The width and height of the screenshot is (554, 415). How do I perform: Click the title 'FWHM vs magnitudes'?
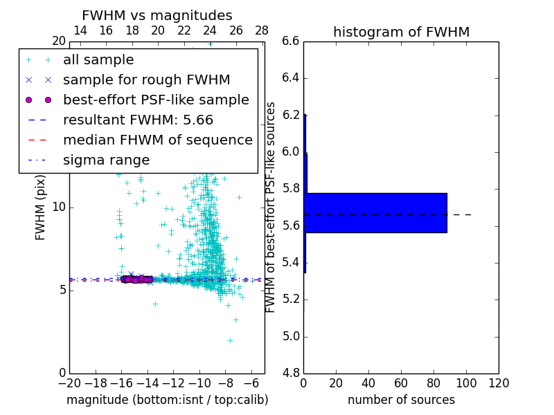[157, 16]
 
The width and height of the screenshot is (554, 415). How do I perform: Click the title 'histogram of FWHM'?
[401, 32]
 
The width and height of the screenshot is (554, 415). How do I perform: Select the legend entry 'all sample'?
[98, 60]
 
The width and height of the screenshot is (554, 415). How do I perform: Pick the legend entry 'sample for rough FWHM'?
[147, 80]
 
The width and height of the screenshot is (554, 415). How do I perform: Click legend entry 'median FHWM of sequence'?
[158, 140]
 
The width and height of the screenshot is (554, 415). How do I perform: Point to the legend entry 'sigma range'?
[106, 160]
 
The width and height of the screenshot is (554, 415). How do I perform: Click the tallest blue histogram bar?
[375, 212]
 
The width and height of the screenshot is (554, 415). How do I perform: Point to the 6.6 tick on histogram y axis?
[291, 41]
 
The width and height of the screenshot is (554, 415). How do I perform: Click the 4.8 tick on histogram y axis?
[291, 373]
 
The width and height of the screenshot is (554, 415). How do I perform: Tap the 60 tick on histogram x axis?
[401, 383]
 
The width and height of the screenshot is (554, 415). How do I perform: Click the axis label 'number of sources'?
[401, 400]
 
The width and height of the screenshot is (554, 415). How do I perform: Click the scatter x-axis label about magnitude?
[167, 400]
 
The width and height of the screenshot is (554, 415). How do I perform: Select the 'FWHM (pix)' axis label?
[41, 207]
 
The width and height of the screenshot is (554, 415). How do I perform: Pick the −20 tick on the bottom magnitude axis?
[69, 383]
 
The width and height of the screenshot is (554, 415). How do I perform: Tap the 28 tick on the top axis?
[262, 30]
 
